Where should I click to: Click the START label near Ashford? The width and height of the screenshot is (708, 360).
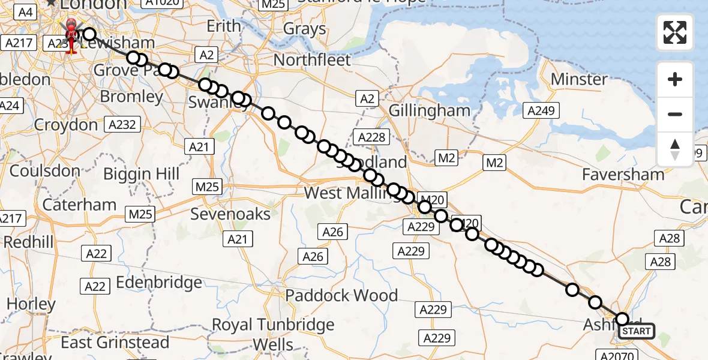pyautogui.click(x=637, y=331)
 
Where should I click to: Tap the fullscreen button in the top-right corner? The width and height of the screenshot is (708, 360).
pyautogui.click(x=675, y=32)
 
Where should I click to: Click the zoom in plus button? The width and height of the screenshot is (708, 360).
pyautogui.click(x=675, y=79)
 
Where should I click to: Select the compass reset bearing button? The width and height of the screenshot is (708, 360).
pyautogui.click(x=675, y=149)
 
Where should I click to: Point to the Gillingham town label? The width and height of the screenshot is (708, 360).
pyautogui.click(x=430, y=110)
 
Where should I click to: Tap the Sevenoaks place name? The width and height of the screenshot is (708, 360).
pyautogui.click(x=230, y=214)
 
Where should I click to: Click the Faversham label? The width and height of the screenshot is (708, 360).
pyautogui.click(x=623, y=175)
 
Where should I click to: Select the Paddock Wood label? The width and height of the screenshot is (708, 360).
pyautogui.click(x=341, y=295)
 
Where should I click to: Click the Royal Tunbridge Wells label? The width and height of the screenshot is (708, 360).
pyautogui.click(x=273, y=334)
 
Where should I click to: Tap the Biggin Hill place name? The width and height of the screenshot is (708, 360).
pyautogui.click(x=142, y=174)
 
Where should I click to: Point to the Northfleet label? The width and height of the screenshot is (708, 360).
pyautogui.click(x=312, y=60)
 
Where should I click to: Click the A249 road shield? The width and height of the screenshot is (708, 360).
pyautogui.click(x=542, y=110)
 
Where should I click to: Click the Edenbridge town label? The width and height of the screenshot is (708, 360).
pyautogui.click(x=159, y=283)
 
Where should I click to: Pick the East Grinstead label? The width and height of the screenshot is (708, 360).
pyautogui.click(x=115, y=343)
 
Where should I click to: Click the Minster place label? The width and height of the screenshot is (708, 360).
pyautogui.click(x=579, y=79)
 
